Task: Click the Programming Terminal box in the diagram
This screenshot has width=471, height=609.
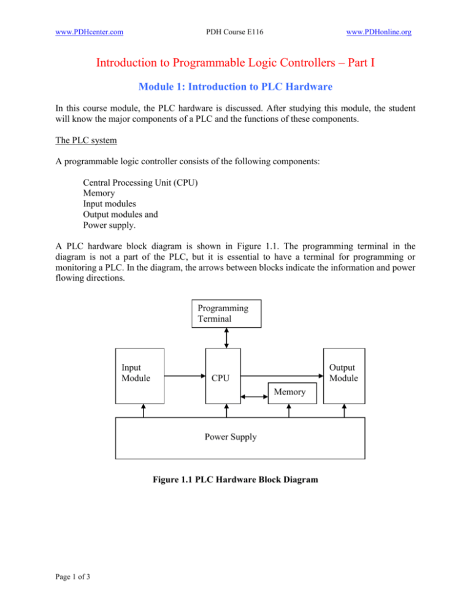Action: pyautogui.click(x=226, y=314)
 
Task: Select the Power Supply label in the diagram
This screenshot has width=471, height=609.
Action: pyautogui.click(x=235, y=437)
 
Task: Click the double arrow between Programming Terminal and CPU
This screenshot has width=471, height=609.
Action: pyautogui.click(x=226, y=338)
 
